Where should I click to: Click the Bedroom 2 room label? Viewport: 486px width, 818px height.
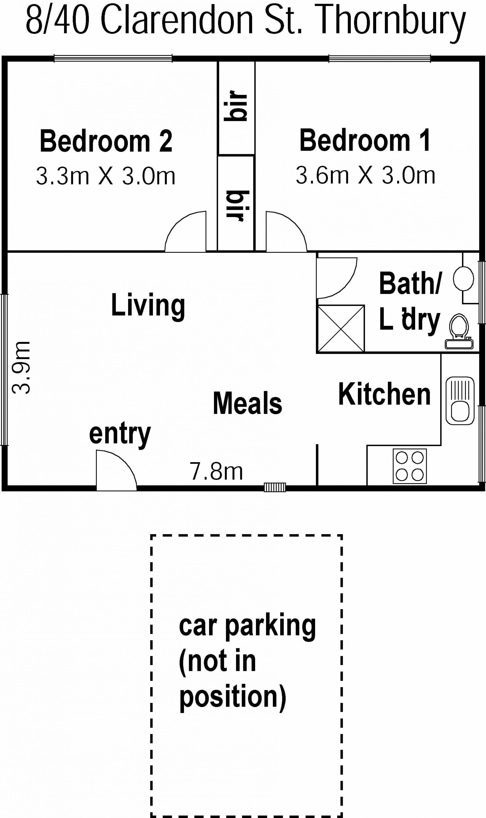point(106,141)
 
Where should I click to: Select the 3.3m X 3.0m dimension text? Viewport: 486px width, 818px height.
point(106,176)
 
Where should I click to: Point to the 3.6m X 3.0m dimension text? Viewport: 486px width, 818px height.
point(366,175)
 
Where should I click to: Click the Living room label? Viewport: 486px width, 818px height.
point(148,306)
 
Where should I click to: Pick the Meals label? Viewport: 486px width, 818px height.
point(248,403)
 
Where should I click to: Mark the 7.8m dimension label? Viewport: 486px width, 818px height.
point(216,472)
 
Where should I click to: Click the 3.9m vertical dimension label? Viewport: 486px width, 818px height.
point(21,367)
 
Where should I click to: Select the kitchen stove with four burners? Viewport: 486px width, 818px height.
point(410,466)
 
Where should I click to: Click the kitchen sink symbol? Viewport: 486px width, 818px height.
point(460,401)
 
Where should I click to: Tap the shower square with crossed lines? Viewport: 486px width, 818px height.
point(341,328)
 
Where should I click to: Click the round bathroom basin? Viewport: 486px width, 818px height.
point(463,279)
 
